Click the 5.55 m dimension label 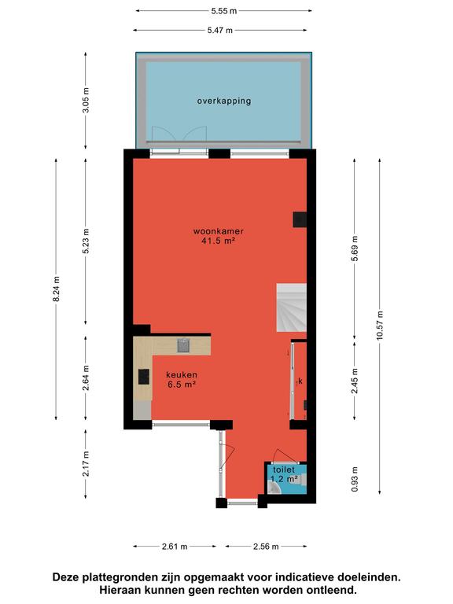pos(224,11)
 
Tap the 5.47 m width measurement pos(220,30)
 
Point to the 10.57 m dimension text pos(380,325)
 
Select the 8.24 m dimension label pos(57,289)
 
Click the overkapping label pos(224,101)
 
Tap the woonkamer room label pos(219,231)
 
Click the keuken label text pos(182,374)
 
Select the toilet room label pos(284,470)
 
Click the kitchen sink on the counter pos(183,345)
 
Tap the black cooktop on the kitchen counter pos(144,377)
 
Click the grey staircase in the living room pos(292,308)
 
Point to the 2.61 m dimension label pos(175,547)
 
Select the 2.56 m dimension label pos(266,547)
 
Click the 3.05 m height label pos(86,100)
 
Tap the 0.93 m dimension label pos(355,479)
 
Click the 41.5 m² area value pos(218,241)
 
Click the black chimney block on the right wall pos(300,219)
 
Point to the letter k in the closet pos(300,381)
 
